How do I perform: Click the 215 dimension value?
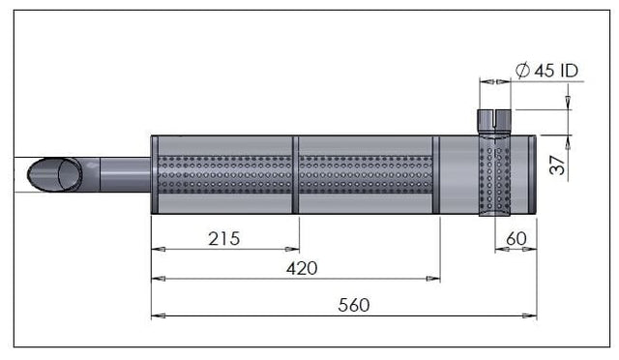coord(223,239)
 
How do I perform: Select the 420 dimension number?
coord(302,269)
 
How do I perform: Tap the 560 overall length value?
coord(354,305)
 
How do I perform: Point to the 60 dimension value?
coord(516,239)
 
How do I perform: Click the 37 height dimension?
coord(558,165)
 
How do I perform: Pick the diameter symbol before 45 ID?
coord(522,71)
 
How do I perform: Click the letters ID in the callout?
coord(569,71)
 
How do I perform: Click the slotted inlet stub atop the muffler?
coord(494,122)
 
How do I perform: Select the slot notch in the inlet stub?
coord(494,119)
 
